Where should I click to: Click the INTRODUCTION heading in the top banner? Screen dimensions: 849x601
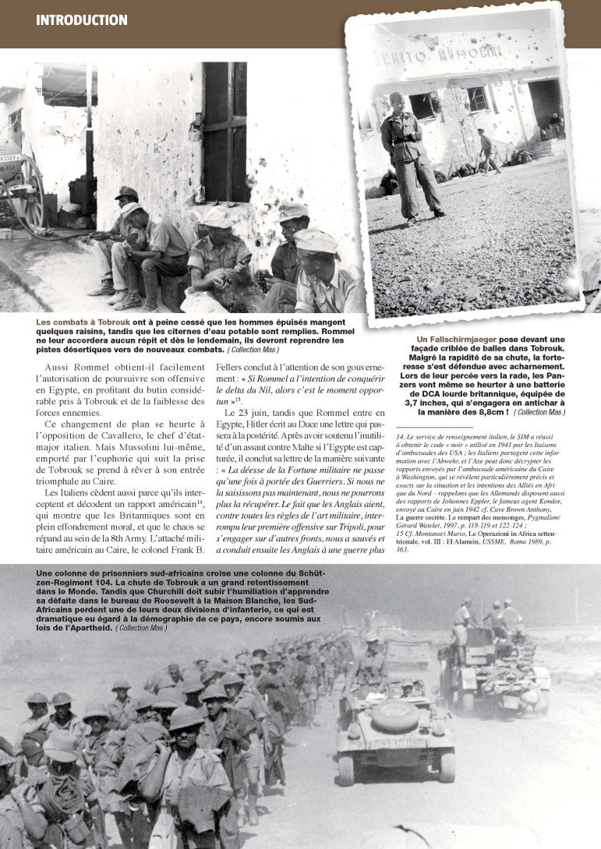[81, 19]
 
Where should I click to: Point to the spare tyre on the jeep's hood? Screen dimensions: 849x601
[394, 714]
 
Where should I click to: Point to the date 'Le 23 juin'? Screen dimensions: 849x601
[254, 412]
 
